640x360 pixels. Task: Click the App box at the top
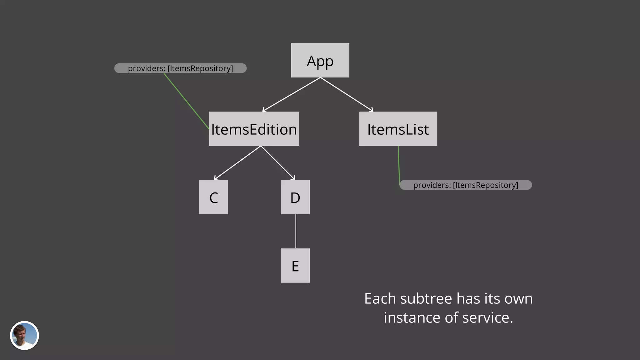tap(320, 60)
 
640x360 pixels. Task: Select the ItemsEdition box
tap(254, 129)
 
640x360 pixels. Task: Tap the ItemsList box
tap(398, 129)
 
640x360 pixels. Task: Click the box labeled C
tap(213, 197)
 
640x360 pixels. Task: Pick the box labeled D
tap(295, 197)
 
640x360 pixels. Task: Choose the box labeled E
tap(295, 266)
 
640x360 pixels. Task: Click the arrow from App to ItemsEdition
tap(291, 94)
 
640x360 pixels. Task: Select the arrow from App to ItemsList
tap(347, 94)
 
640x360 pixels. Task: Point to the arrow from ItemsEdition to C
tap(237, 163)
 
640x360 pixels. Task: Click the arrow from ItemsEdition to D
tap(278, 163)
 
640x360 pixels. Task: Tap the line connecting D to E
tap(296, 231)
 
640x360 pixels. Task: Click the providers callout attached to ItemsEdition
tap(180, 68)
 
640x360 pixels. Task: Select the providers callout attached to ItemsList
tap(466, 185)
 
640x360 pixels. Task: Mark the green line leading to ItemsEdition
tap(186, 101)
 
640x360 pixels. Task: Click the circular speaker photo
tap(24, 335)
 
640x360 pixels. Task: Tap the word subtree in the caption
tap(426, 299)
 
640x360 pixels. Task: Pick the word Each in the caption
tap(380, 299)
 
